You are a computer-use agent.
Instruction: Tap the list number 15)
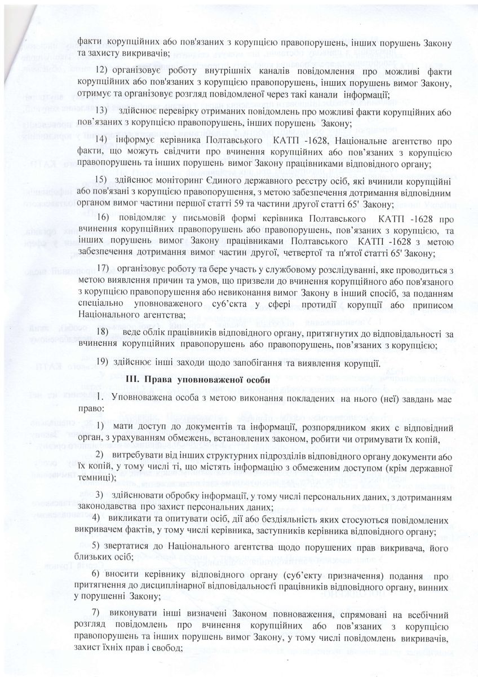(104, 179)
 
